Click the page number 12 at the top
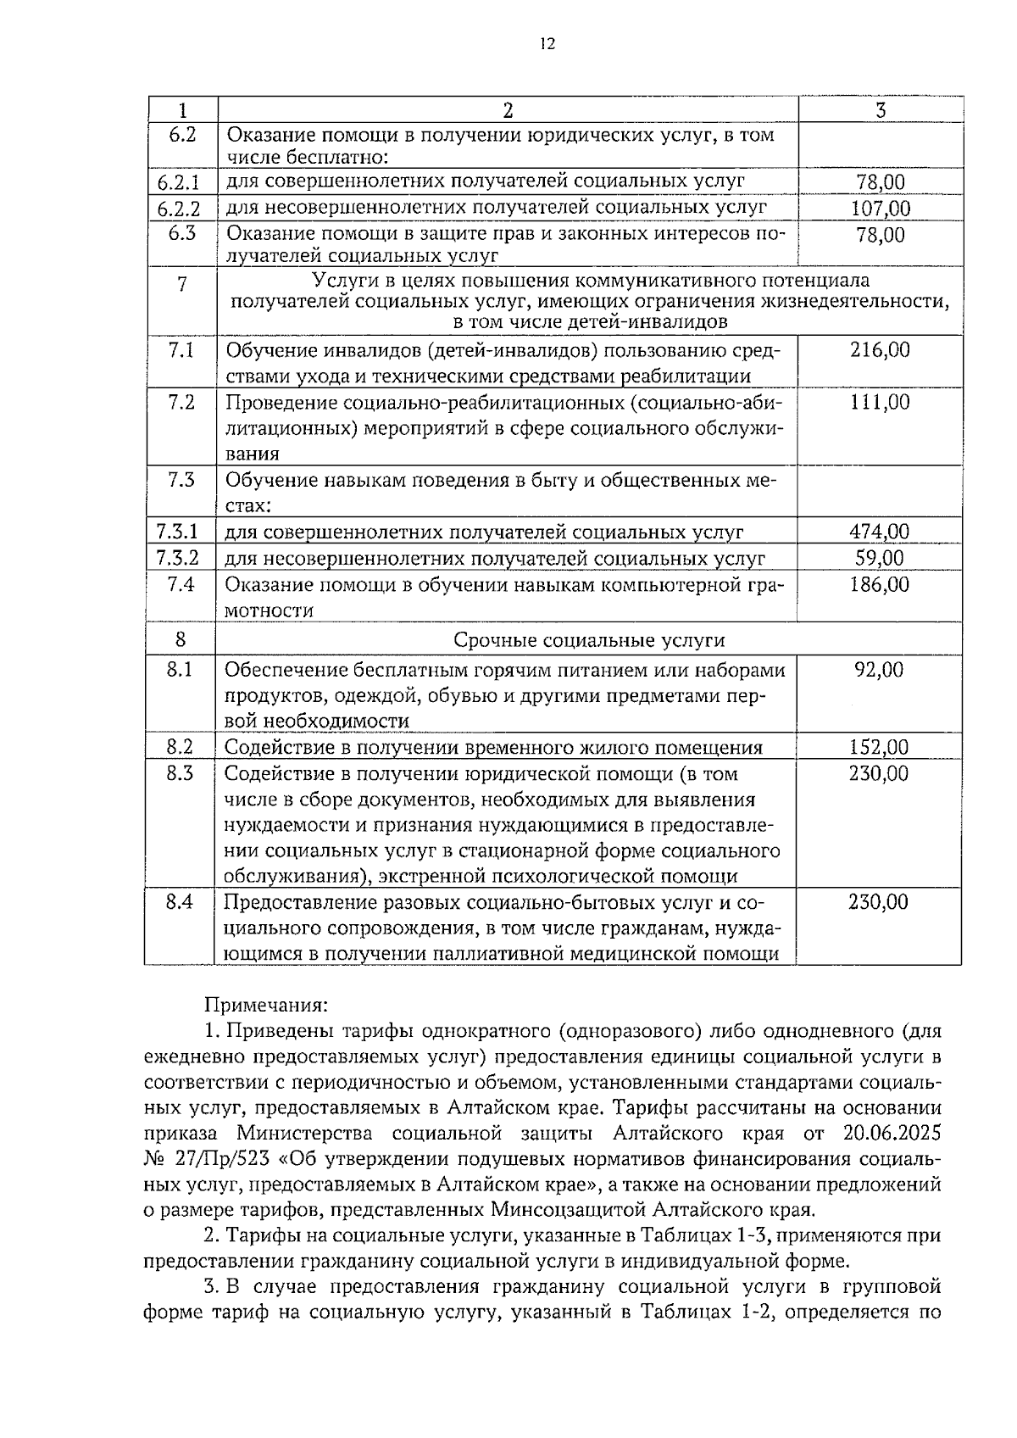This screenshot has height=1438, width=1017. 547,45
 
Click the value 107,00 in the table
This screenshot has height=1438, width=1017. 881,209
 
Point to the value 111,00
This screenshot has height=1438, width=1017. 880,403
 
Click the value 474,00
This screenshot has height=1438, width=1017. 880,532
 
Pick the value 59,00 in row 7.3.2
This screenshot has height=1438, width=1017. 880,558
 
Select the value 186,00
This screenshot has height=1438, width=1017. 880,584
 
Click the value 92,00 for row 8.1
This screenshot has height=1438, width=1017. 880,671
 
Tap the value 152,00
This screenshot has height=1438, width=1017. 880,748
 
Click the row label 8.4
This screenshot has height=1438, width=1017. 180,902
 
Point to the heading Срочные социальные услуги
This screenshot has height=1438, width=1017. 589,640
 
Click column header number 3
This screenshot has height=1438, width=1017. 881,110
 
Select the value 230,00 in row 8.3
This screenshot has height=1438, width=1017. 880,773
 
